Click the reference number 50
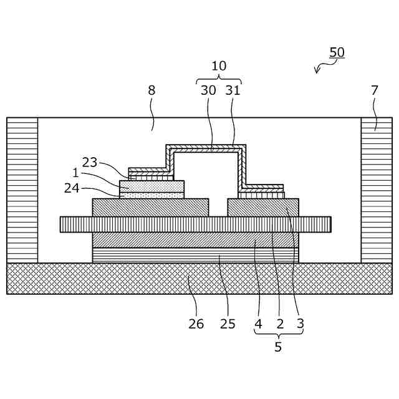pyautogui.click(x=337, y=53)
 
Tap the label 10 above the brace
pyautogui.click(x=219, y=66)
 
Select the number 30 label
pyautogui.click(x=208, y=90)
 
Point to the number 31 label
pyautogui.click(x=233, y=90)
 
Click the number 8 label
pyautogui.click(x=151, y=90)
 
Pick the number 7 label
pyautogui.click(x=374, y=90)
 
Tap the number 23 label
pyautogui.click(x=90, y=162)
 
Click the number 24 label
pyautogui.click(x=72, y=188)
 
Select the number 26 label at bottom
pyautogui.click(x=196, y=324)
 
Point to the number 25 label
pyautogui.click(x=228, y=324)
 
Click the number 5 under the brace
pyautogui.click(x=278, y=347)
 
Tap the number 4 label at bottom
pyautogui.click(x=258, y=324)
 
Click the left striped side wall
pyautogui.click(x=22, y=190)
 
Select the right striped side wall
pyautogui.click(x=377, y=190)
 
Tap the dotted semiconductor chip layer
pyautogui.click(x=151, y=185)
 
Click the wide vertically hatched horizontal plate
pyautogui.click(x=195, y=224)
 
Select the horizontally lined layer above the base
pyautogui.click(x=195, y=255)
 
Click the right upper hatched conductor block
pyautogui.click(x=262, y=207)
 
